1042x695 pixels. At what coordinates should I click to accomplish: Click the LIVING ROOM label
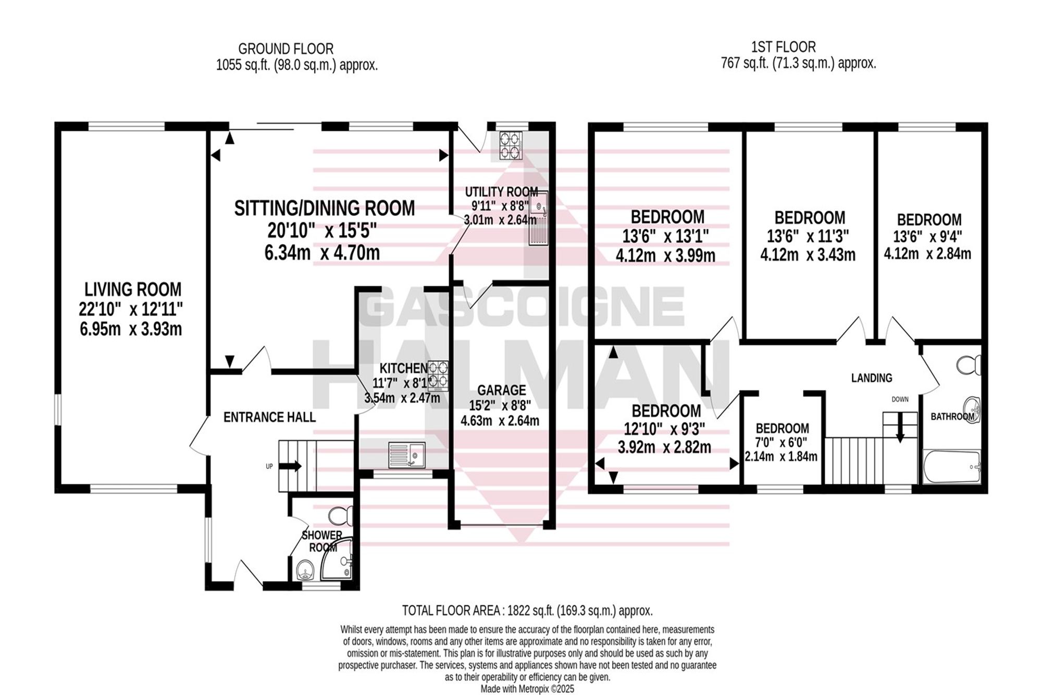133,289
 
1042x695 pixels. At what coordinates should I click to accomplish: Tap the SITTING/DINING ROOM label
325,209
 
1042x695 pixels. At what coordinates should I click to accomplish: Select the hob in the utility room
511,145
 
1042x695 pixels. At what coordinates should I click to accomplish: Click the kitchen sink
406,455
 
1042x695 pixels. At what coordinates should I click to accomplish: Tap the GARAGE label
502,390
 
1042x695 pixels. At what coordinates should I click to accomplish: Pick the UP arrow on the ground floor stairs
291,466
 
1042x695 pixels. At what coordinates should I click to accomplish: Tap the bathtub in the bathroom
952,467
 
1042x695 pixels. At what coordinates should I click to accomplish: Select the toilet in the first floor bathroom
969,364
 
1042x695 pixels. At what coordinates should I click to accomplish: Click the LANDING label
872,378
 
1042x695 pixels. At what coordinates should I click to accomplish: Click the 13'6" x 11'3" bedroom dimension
808,236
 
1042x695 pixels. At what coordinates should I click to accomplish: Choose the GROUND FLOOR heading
286,49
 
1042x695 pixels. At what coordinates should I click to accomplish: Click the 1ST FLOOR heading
784,47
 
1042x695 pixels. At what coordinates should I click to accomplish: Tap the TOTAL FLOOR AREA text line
527,611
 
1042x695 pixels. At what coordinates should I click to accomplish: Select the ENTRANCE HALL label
269,417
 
